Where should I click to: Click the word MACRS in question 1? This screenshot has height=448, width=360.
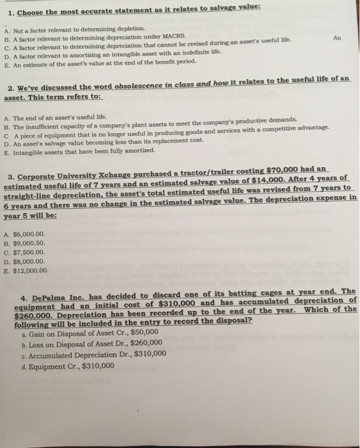tap(170, 37)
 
